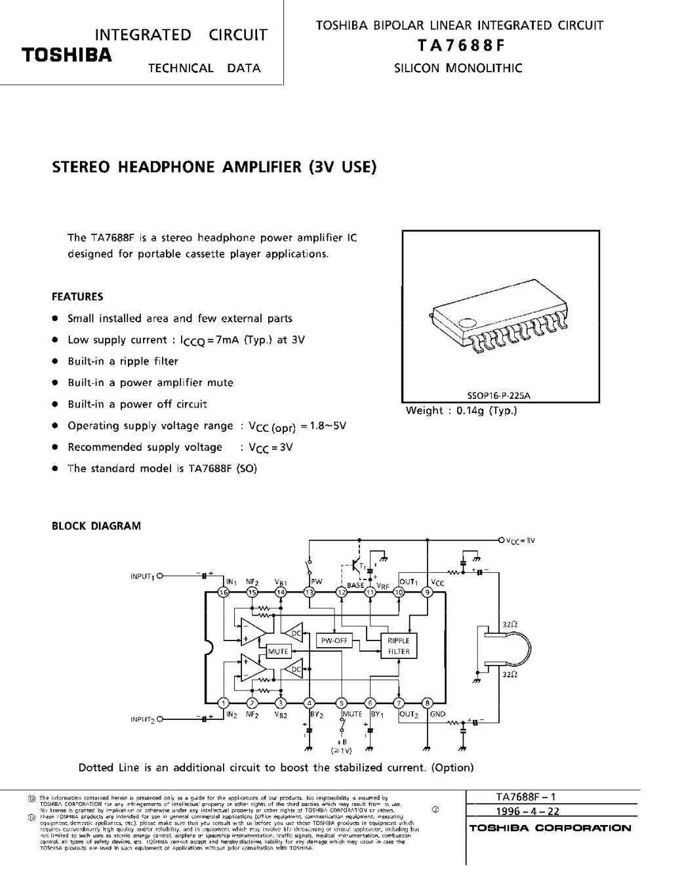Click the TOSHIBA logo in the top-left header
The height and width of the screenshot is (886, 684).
pyautogui.click(x=66, y=54)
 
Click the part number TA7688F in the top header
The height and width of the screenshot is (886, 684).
pyautogui.click(x=458, y=45)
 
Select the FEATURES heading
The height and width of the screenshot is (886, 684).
pyautogui.click(x=77, y=297)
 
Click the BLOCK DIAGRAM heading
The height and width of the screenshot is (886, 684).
pyautogui.click(x=96, y=526)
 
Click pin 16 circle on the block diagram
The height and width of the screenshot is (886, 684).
pyautogui.click(x=224, y=593)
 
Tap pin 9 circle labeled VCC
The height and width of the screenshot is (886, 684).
pyautogui.click(x=428, y=593)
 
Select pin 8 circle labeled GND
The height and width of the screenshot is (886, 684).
pyautogui.click(x=428, y=703)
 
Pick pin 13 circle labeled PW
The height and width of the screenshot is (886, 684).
pyautogui.click(x=310, y=593)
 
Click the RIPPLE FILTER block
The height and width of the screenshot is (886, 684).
pyautogui.click(x=398, y=646)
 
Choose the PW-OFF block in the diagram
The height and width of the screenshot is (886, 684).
pyautogui.click(x=334, y=640)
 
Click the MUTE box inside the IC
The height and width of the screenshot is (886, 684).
pyautogui.click(x=279, y=652)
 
